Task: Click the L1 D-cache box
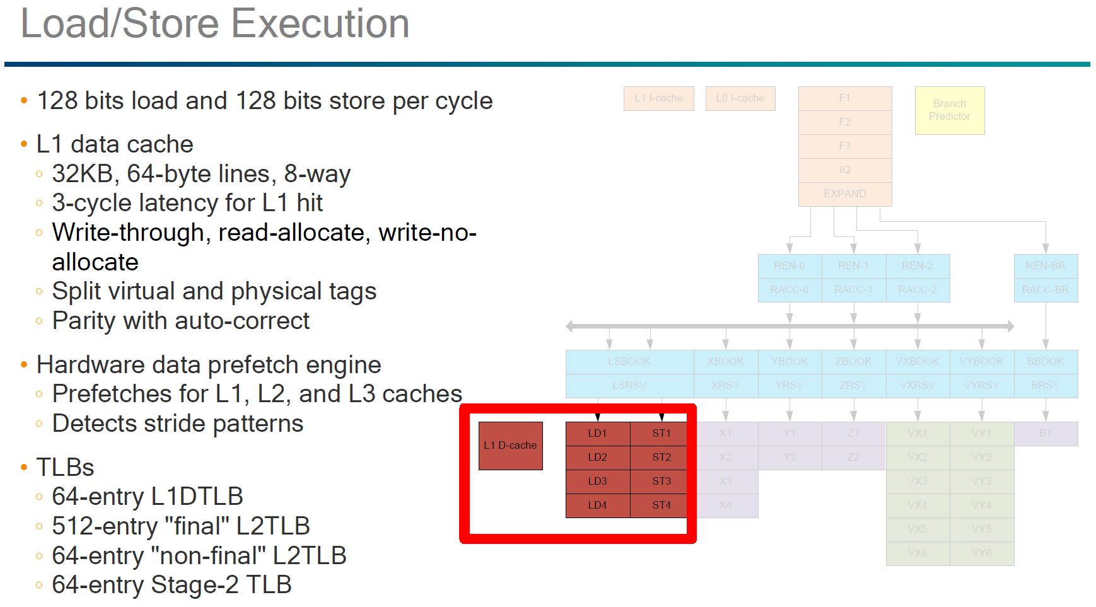(510, 446)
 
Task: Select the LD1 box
(597, 434)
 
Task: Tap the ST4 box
(661, 505)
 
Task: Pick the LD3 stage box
(597, 481)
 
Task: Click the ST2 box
(661, 457)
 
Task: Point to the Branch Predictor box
(949, 110)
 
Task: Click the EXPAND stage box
(844, 194)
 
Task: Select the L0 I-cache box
(740, 98)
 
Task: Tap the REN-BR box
(1045, 266)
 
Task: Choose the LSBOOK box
(629, 362)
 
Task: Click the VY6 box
(981, 553)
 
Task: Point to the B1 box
(1045, 434)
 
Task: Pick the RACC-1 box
(853, 290)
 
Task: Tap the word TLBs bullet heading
(65, 468)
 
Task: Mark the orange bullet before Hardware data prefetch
(24, 365)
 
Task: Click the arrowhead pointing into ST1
(661, 417)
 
